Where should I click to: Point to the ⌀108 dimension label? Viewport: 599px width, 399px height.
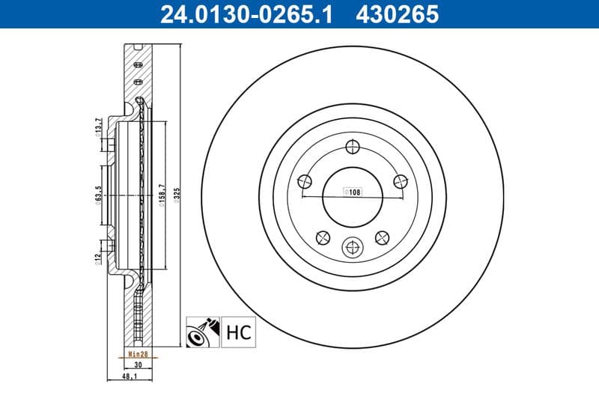[352, 192]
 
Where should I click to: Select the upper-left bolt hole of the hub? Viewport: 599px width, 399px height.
[304, 180]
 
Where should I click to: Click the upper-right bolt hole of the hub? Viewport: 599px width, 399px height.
[400, 180]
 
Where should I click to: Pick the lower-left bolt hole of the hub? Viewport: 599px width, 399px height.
[323, 237]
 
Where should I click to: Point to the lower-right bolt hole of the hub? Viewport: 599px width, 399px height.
[381, 237]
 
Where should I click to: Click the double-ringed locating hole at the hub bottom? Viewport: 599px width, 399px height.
[352, 247]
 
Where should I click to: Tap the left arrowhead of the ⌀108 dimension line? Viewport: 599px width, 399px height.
[302, 198]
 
